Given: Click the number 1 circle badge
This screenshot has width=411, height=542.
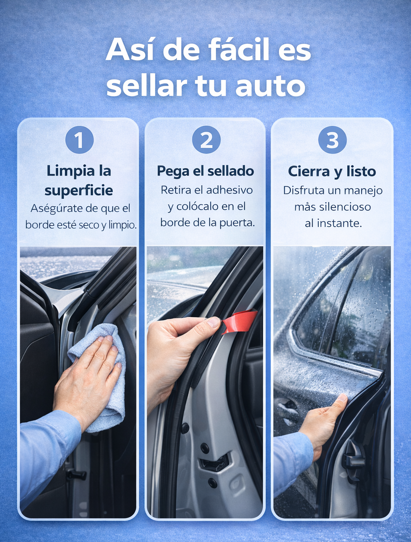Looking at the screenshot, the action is [x=79, y=140].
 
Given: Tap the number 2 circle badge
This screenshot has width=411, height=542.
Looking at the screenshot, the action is [x=206, y=140].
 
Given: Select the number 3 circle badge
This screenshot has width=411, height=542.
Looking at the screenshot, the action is [x=332, y=140].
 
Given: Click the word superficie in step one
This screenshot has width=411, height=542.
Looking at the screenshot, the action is [x=79, y=191].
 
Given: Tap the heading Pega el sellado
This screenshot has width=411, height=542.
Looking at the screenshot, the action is [x=205, y=171].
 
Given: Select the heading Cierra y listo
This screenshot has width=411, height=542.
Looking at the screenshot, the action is [x=332, y=171].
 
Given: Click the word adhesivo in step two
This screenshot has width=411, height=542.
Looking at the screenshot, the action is [x=229, y=190].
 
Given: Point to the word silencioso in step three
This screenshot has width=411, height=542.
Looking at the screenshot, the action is [x=345, y=207].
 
